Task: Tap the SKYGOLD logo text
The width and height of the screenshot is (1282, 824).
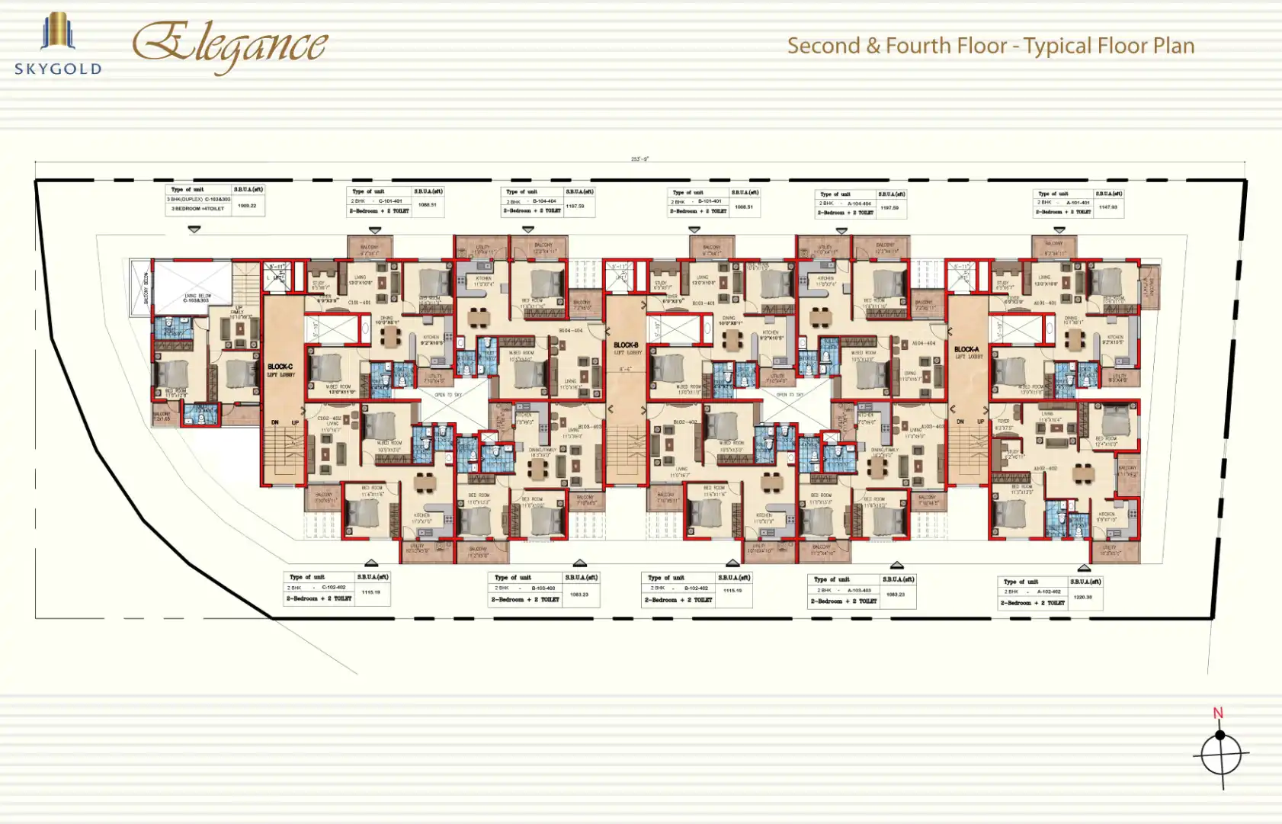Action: pos(58,69)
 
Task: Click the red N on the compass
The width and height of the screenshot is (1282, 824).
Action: pos(1217,713)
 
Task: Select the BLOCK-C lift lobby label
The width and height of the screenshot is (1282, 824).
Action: pos(280,370)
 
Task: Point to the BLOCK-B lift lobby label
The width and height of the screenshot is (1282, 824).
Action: pos(627,348)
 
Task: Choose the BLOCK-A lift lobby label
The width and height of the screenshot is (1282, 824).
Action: pos(968,352)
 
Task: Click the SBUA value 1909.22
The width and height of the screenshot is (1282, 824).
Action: pos(247,206)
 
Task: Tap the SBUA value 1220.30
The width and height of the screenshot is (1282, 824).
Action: pos(1082,597)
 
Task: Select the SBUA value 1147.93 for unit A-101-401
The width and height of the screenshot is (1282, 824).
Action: pos(1107,207)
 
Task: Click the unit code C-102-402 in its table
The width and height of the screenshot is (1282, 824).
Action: pos(334,588)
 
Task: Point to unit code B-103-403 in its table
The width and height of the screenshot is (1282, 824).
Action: pos(543,588)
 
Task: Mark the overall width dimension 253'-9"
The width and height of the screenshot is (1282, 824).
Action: pos(639,159)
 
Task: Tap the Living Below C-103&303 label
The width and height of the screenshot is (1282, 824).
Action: pos(197,298)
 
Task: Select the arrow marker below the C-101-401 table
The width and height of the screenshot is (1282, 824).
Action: pos(374,229)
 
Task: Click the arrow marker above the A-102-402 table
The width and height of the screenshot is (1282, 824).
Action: pos(1084,568)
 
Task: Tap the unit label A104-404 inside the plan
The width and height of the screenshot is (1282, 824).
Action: pos(924,344)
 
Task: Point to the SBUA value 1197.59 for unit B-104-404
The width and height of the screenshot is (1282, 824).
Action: pos(575,206)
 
